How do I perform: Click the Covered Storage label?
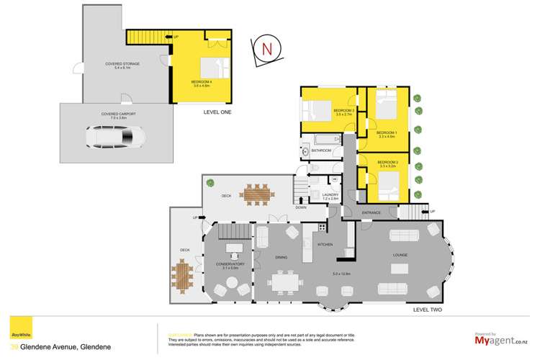click(122, 64)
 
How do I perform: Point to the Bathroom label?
click(321, 150)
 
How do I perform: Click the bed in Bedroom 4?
click(215, 68)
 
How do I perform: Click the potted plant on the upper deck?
click(210, 183)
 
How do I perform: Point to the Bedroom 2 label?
click(387, 163)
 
